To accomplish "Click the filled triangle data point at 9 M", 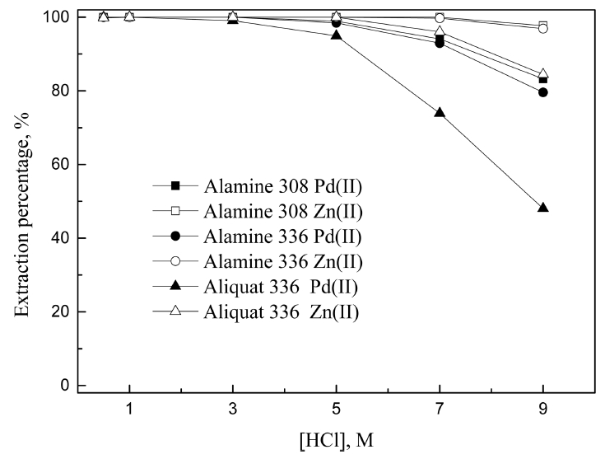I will pyautogui.click(x=542, y=208).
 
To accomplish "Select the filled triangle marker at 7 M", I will pyautogui.click(x=440, y=112).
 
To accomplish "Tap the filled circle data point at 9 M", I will pyautogui.click(x=542, y=92).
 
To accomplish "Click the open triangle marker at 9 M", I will pyautogui.click(x=542, y=74).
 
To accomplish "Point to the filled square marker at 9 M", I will pyautogui.click(x=542, y=79).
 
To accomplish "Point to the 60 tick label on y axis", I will pyautogui.click(x=61, y=165).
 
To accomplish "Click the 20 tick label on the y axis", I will pyautogui.click(x=61, y=312).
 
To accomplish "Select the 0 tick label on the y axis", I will pyautogui.click(x=65, y=386).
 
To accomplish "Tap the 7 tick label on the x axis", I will pyautogui.click(x=440, y=410).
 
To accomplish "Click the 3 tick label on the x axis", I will pyautogui.click(x=233, y=410).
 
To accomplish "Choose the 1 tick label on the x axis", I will pyautogui.click(x=129, y=410).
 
